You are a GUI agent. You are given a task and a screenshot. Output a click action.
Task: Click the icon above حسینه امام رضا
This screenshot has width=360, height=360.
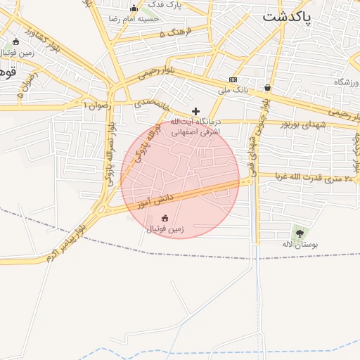(134, 8)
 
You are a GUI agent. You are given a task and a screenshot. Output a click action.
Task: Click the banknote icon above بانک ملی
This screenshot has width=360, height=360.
(233, 80)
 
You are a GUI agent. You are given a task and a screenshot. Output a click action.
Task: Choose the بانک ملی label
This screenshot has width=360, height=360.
(234, 91)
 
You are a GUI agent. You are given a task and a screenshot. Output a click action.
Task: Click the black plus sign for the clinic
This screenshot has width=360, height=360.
(195, 111)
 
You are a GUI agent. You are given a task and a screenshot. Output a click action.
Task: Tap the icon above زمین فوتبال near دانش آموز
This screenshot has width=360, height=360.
(165, 218)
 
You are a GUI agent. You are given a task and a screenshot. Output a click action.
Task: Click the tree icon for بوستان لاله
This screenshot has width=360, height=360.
(300, 233)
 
